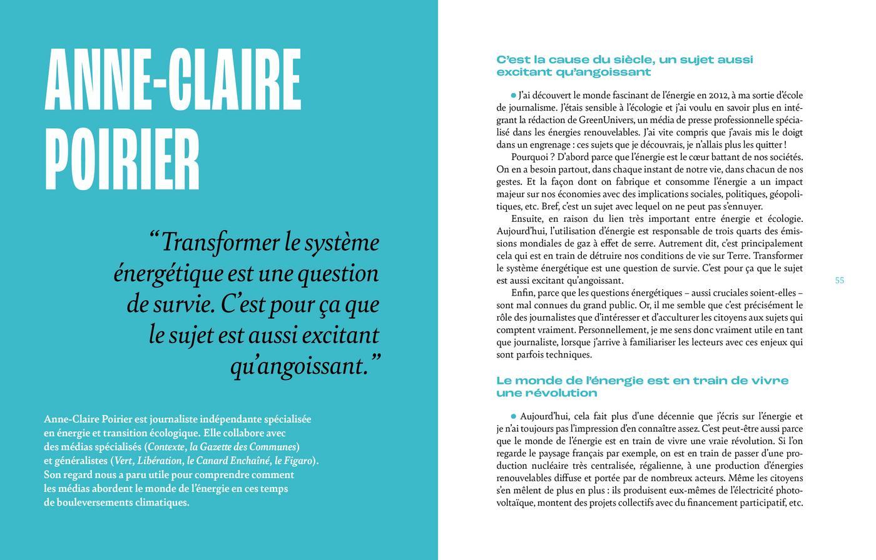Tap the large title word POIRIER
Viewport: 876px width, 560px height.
(123, 161)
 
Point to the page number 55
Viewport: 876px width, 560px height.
(839, 281)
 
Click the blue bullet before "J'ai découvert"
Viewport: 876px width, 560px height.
(514, 96)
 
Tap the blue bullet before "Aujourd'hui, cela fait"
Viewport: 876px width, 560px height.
(514, 416)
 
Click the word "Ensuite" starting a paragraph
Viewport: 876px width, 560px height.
(527, 219)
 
